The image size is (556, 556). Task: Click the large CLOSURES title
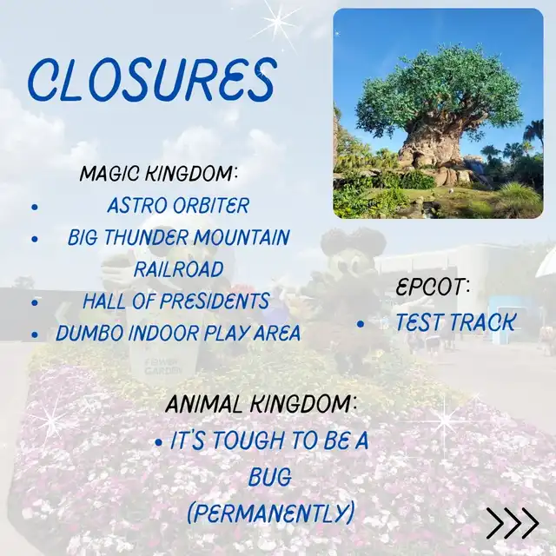[152, 79]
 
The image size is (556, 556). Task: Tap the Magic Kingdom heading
[158, 173]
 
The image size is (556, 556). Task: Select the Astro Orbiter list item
[178, 205]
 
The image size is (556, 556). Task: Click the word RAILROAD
[179, 269]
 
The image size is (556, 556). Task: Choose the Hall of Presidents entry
[176, 301]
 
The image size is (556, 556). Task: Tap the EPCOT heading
[433, 287]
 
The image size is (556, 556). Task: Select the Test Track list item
[455, 322]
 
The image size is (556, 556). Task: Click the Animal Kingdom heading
[261, 404]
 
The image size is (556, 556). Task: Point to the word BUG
[270, 477]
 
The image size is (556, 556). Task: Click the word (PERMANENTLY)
[271, 513]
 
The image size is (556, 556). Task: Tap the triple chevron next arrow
[513, 523]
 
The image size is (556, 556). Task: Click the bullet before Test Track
[361, 323]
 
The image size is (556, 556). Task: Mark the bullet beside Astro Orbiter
[35, 207]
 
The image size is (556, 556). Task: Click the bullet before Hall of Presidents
[35, 302]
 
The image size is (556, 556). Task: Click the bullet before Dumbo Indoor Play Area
[35, 334]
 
